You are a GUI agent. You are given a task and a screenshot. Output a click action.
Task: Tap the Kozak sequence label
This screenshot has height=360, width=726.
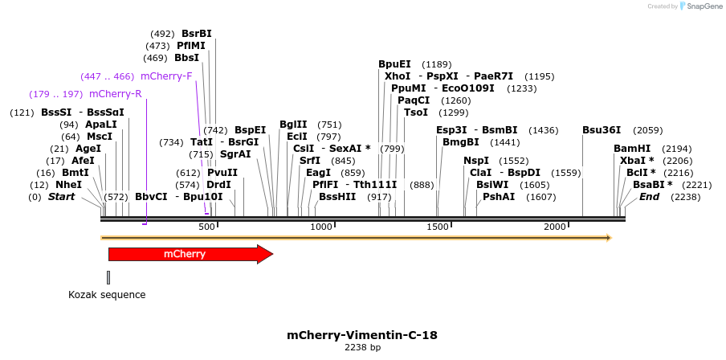pyautogui.click(x=107, y=295)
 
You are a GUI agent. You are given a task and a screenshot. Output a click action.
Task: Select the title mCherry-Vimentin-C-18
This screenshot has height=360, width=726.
pyautogui.click(x=362, y=334)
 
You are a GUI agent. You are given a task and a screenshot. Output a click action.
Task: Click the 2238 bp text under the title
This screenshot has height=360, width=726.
pyautogui.click(x=362, y=348)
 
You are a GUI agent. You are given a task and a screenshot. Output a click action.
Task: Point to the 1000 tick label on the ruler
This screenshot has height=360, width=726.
pyautogui.click(x=321, y=227)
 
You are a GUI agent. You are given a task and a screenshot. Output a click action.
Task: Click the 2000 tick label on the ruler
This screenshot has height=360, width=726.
pyautogui.click(x=555, y=227)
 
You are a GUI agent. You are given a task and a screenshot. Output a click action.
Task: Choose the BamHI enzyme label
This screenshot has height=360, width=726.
pyautogui.click(x=631, y=149)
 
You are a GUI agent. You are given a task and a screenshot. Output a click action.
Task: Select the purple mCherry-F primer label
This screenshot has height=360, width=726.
pyautogui.click(x=166, y=76)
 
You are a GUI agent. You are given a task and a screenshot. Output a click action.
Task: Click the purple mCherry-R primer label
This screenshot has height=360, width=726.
pyautogui.click(x=116, y=94)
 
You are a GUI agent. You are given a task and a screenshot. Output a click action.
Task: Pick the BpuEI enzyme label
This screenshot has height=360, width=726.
pyautogui.click(x=394, y=64)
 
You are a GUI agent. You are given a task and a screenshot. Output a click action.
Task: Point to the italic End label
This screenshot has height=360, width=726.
pyautogui.click(x=649, y=197)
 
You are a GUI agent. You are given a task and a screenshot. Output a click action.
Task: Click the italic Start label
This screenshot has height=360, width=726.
pyautogui.click(x=61, y=197)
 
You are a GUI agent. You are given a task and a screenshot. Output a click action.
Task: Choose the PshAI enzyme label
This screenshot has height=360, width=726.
pyautogui.click(x=499, y=197)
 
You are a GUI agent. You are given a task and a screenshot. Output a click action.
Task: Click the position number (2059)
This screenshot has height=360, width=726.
pyautogui.click(x=648, y=130)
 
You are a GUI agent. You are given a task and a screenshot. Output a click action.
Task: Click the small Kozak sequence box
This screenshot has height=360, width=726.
pyautogui.click(x=108, y=277)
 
